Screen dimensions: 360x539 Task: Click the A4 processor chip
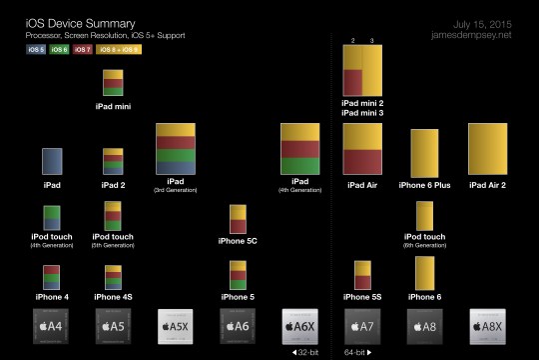click(50, 326)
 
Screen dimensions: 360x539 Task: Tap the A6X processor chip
click(300, 326)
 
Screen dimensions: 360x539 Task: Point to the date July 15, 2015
click(484, 22)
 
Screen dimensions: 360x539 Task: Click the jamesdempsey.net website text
click(475, 35)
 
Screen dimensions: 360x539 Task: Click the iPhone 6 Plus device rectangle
click(426, 152)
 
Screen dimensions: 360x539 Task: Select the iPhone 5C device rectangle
click(238, 218)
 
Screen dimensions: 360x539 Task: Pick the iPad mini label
click(112, 105)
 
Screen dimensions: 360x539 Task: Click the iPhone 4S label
click(112, 296)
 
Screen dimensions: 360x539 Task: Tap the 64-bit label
click(358, 353)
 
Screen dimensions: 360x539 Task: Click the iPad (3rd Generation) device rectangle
click(176, 150)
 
